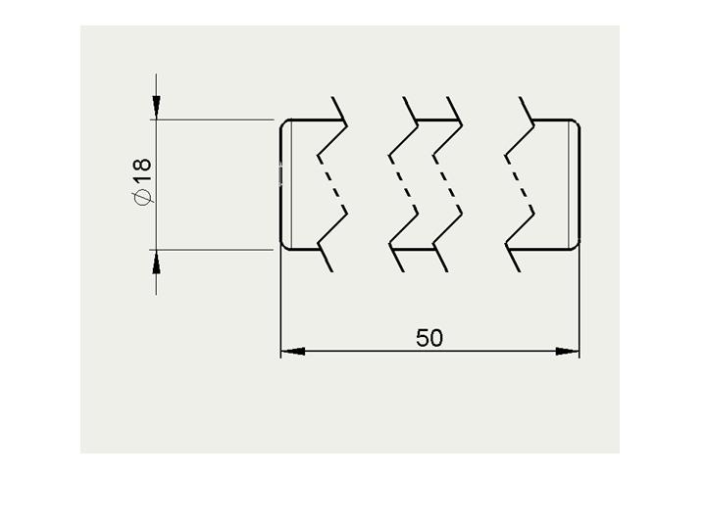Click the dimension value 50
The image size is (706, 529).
[x=429, y=338]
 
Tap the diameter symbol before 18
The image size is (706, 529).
[x=142, y=197]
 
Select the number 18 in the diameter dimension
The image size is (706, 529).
[x=142, y=170]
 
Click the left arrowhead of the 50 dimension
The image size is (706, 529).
[x=292, y=351]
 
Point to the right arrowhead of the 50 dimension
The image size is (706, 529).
[x=568, y=351]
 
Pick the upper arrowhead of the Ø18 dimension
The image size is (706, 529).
[x=156, y=108]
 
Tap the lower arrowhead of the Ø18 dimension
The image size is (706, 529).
[x=156, y=262]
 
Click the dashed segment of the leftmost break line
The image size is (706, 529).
[x=332, y=182]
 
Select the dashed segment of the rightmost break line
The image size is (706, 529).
[x=520, y=182]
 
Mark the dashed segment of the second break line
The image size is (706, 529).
[x=403, y=182]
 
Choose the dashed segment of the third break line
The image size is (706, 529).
[x=447, y=182]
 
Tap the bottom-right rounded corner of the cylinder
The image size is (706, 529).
[x=577, y=245]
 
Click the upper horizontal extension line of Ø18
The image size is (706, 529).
[x=212, y=120]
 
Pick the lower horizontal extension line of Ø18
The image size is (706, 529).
[x=212, y=249]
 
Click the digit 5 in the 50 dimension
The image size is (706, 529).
[x=423, y=338]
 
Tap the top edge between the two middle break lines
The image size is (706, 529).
[x=436, y=120]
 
